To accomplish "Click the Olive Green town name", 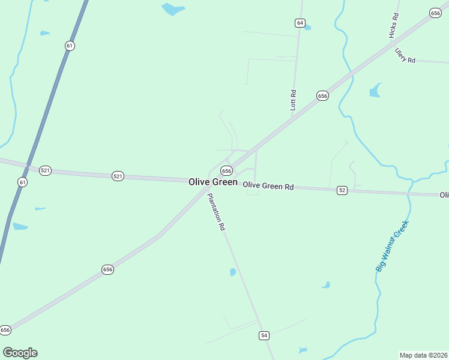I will coord(213,182).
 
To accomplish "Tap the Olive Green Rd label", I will coord(268,186).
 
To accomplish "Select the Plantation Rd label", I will coord(216,212).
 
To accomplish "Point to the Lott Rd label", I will coord(294,100).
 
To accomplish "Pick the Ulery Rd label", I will coord(405,56).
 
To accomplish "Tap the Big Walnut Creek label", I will coord(393,246).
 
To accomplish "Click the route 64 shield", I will coord(300,23).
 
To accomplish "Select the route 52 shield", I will coord(342,190).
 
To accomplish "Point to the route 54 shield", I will coord(264,335).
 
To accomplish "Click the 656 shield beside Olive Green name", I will coord(226,171).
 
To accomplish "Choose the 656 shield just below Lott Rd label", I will coord(322,96).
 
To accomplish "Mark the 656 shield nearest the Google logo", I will coord(5,330).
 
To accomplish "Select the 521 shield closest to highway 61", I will coord(45,170).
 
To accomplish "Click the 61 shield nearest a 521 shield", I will coord(22,182).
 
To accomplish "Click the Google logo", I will coord(20,353).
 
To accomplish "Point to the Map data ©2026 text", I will coord(424,355).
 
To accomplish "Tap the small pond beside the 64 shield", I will coord(307,28).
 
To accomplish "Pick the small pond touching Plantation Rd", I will coord(233,272).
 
